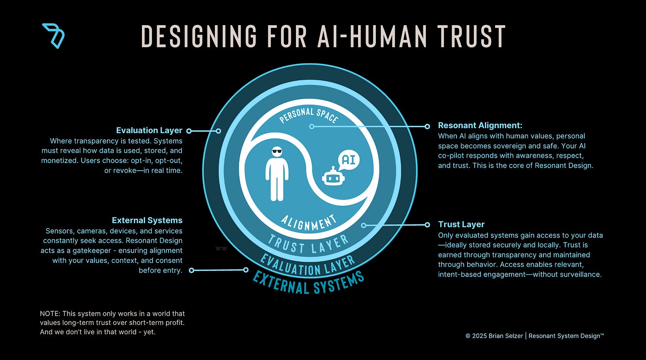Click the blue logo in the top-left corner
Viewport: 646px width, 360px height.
pyautogui.click(x=54, y=35)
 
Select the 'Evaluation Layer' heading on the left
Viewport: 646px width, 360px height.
pyautogui.click(x=149, y=130)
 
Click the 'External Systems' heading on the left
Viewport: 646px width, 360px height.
pyautogui.click(x=147, y=220)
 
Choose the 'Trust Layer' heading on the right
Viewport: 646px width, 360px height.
pyautogui.click(x=461, y=224)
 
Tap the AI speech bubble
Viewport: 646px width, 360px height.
pyautogui.click(x=348, y=160)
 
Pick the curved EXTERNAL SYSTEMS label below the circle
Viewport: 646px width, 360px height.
pyautogui.click(x=308, y=282)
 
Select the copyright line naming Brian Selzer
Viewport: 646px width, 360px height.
pyautogui.click(x=535, y=336)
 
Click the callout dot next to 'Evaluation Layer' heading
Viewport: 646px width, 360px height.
pyautogui.click(x=189, y=131)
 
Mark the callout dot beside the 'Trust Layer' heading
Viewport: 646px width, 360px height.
pyautogui.click(x=428, y=224)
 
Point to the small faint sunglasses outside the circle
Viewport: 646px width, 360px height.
pyautogui.click(x=221, y=249)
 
